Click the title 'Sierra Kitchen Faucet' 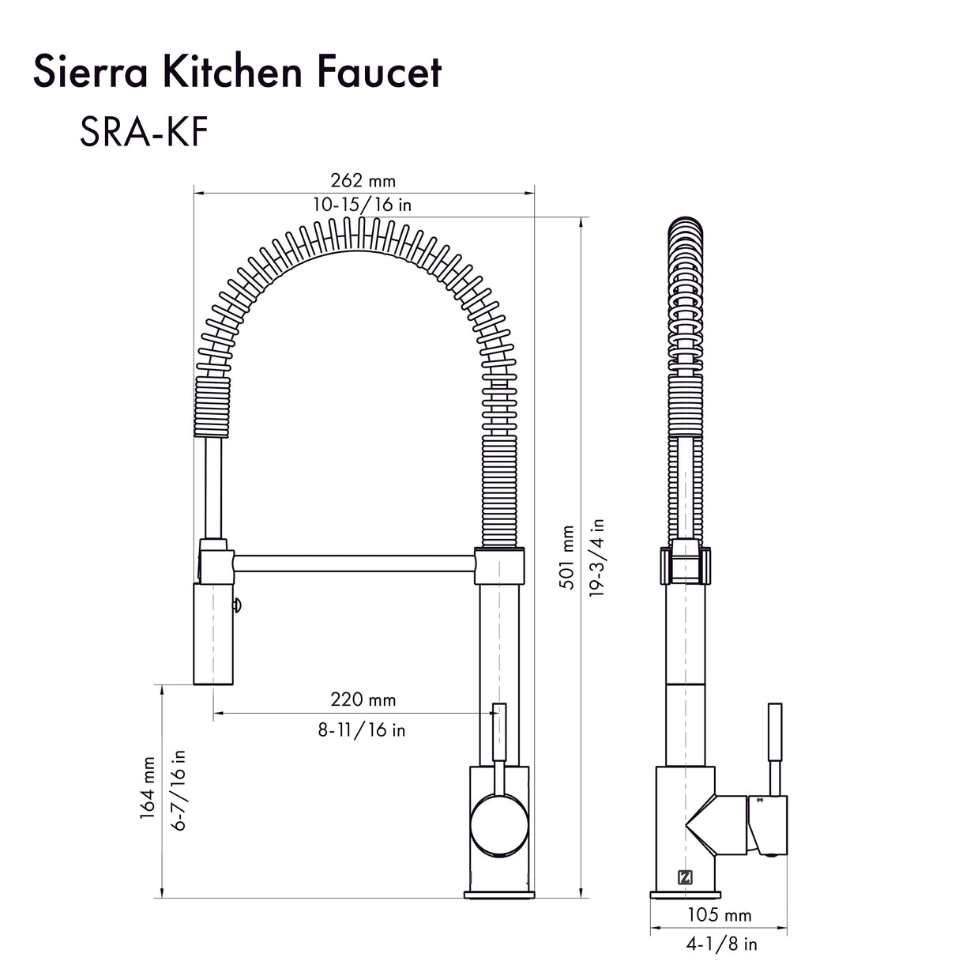coord(237,73)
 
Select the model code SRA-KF coord(143,133)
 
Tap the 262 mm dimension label coord(363,181)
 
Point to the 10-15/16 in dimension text coord(362,205)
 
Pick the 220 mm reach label coord(363,699)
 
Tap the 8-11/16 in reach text coord(362,729)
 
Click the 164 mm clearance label coord(148,788)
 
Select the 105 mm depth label coord(719,915)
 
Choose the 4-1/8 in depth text coord(720,944)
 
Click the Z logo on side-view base coord(684,876)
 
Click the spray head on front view coord(213,632)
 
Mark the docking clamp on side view coord(684,566)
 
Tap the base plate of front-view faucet coord(498,894)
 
